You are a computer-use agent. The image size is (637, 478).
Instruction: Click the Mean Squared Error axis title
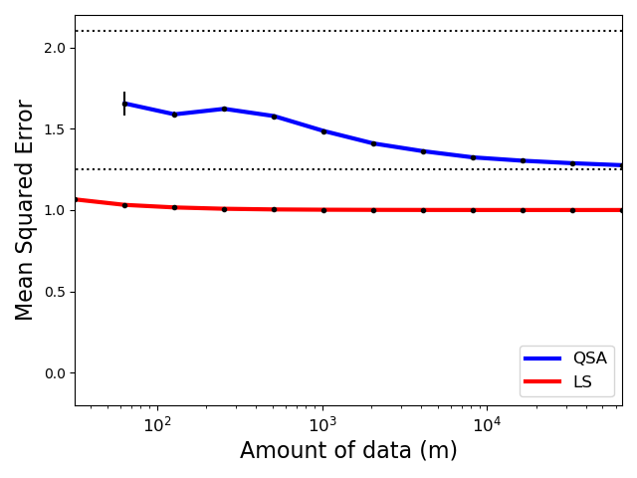click(25, 209)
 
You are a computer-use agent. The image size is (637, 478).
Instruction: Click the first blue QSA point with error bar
click(124, 104)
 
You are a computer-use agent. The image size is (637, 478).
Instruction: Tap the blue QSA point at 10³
click(323, 131)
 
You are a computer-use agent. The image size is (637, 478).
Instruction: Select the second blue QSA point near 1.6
click(174, 115)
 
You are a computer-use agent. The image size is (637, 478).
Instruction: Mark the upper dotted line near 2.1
click(348, 31)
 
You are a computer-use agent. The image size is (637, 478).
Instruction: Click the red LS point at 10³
click(323, 210)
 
